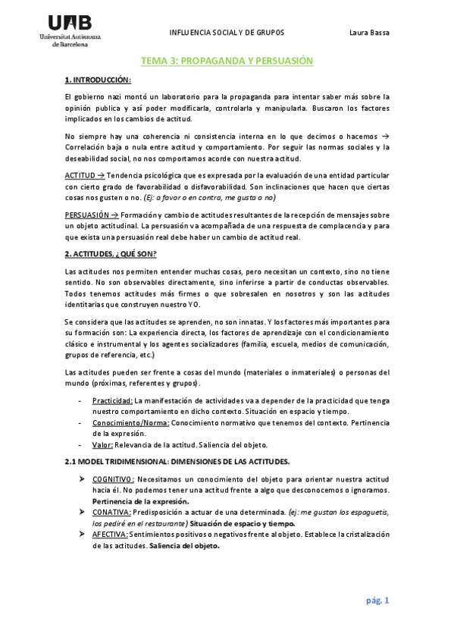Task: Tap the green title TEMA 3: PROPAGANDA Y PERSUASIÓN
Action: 227,61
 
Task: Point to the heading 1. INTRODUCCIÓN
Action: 99,80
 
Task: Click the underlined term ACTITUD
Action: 80,175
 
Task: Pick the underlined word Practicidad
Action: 112,400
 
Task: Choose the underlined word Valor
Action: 103,444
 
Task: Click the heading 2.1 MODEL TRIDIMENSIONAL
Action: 179,462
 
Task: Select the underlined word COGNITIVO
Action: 113,479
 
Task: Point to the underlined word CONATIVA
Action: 112,512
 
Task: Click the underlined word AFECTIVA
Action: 111,534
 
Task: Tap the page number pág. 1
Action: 376,601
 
